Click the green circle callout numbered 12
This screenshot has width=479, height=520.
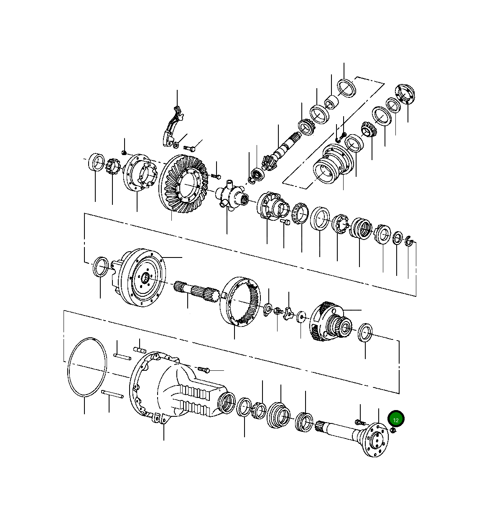tap(396, 419)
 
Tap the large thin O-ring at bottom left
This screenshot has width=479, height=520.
tap(87, 367)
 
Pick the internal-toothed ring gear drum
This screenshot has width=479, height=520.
tap(241, 301)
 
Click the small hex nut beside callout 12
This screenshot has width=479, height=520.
tap(393, 431)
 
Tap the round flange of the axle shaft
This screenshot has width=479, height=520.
tap(375, 440)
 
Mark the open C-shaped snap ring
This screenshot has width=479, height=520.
tap(409, 241)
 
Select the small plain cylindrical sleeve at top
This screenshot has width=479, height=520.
tap(331, 102)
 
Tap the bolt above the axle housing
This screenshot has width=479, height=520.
tap(204, 370)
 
